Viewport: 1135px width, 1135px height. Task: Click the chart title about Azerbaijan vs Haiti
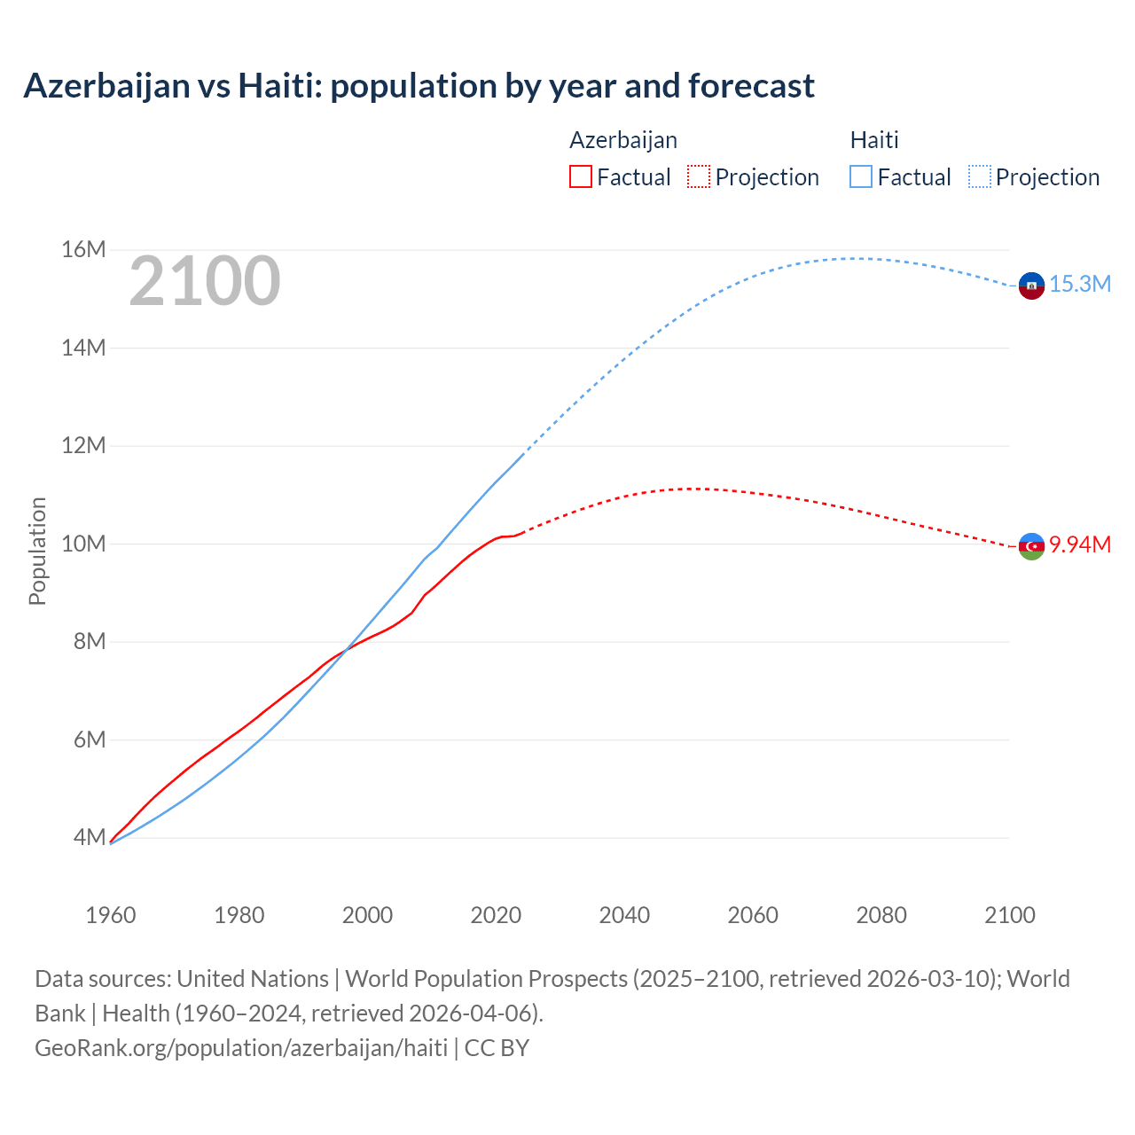tap(419, 86)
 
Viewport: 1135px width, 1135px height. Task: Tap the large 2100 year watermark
tap(205, 281)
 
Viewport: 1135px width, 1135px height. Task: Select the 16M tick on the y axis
tap(83, 250)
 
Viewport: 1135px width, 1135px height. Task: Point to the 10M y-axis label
tap(83, 544)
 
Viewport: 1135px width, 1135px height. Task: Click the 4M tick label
tap(90, 837)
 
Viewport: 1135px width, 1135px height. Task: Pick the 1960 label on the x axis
tap(111, 915)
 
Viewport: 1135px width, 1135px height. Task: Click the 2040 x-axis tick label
tap(624, 915)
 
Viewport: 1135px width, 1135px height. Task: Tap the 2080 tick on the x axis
tap(881, 915)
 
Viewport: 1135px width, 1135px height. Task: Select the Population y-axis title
tap(37, 551)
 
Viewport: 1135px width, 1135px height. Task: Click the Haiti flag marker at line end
tap(1031, 286)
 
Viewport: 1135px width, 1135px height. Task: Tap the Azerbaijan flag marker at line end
tap(1031, 546)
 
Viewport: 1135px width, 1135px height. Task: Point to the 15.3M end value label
tap(1080, 284)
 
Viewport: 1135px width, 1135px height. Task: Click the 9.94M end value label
tap(1080, 544)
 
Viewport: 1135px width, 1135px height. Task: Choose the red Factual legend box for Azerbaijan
tap(581, 176)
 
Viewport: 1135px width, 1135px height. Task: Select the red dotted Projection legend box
tap(699, 176)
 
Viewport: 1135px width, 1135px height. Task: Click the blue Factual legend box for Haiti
tap(861, 176)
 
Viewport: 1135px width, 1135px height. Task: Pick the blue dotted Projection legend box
tap(979, 176)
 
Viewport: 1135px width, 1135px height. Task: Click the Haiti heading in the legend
tap(874, 140)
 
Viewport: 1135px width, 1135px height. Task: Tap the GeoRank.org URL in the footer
tap(241, 1048)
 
